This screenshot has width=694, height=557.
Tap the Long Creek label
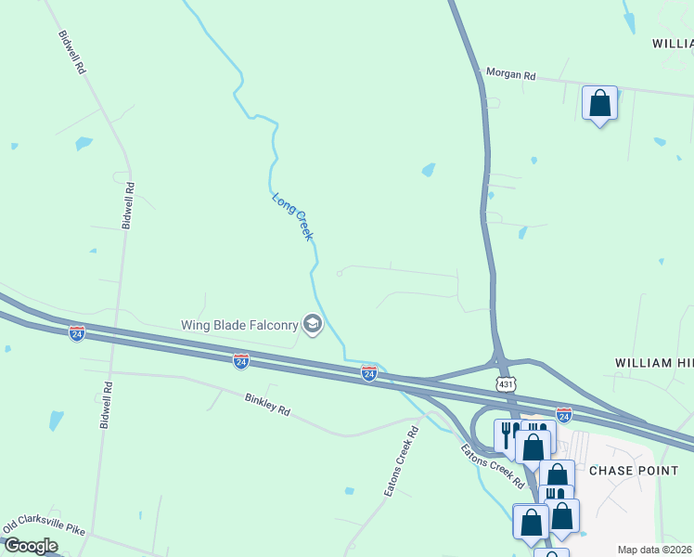tap(292, 216)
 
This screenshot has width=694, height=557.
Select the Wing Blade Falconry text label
tap(238, 324)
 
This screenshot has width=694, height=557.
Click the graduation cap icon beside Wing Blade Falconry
tap(312, 324)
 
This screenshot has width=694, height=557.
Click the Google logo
tap(31, 546)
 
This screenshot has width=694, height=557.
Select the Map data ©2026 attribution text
tap(655, 550)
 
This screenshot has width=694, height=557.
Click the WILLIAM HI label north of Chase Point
tap(654, 362)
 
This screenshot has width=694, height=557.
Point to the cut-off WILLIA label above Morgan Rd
tap(672, 44)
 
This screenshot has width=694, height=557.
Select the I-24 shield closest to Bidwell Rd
tap(77, 332)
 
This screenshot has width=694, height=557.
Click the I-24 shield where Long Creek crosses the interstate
tap(368, 372)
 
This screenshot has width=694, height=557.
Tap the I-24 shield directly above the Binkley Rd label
tap(240, 360)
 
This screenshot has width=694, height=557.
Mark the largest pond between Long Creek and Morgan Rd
tap(428, 170)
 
